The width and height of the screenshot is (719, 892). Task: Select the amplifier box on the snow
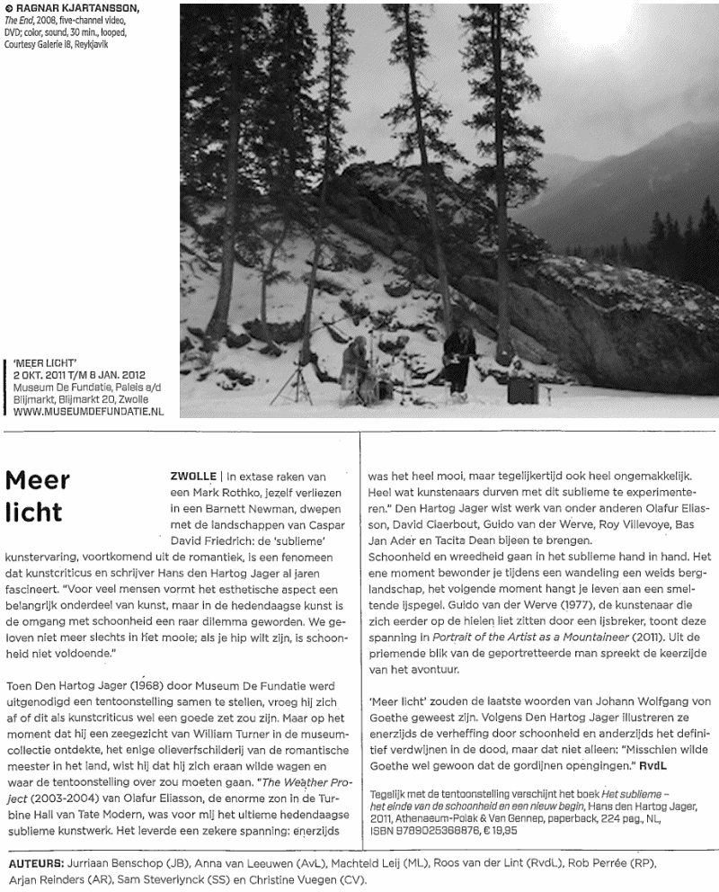521,388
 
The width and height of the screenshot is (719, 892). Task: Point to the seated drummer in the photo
358,369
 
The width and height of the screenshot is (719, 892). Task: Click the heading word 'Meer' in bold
38,479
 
